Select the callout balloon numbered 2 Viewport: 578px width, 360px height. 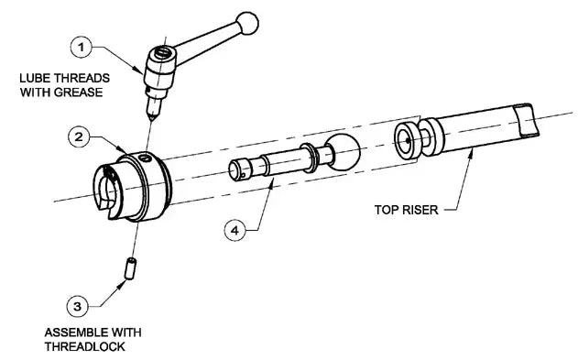click(x=81, y=137)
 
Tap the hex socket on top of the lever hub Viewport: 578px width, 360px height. click(x=162, y=54)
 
